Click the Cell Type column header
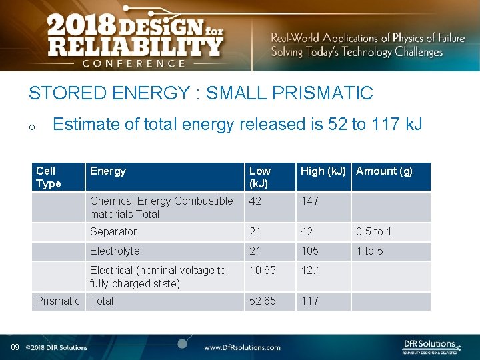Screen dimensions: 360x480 coord(49,177)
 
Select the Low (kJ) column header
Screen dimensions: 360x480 coord(260,177)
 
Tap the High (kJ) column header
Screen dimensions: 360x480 coord(323,171)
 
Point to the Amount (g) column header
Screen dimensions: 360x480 coord(385,171)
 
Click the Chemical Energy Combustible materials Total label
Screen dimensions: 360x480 coord(162,207)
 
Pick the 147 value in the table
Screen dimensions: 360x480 coord(310,201)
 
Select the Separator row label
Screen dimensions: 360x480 coord(113,231)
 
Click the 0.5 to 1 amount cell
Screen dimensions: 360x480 coord(374,231)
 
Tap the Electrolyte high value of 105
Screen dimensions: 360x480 coord(310,251)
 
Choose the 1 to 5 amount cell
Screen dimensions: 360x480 coord(370,251)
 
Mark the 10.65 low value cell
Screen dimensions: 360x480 coord(263,270)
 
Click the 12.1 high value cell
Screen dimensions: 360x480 coord(311,270)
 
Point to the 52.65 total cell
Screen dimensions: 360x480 coord(263,301)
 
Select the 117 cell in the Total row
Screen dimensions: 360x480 coord(309,301)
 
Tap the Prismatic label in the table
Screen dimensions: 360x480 coord(58,301)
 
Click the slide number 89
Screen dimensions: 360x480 coord(15,347)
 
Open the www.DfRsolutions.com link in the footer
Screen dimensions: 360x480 coord(242,347)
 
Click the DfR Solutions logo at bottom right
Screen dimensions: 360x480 coord(432,345)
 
